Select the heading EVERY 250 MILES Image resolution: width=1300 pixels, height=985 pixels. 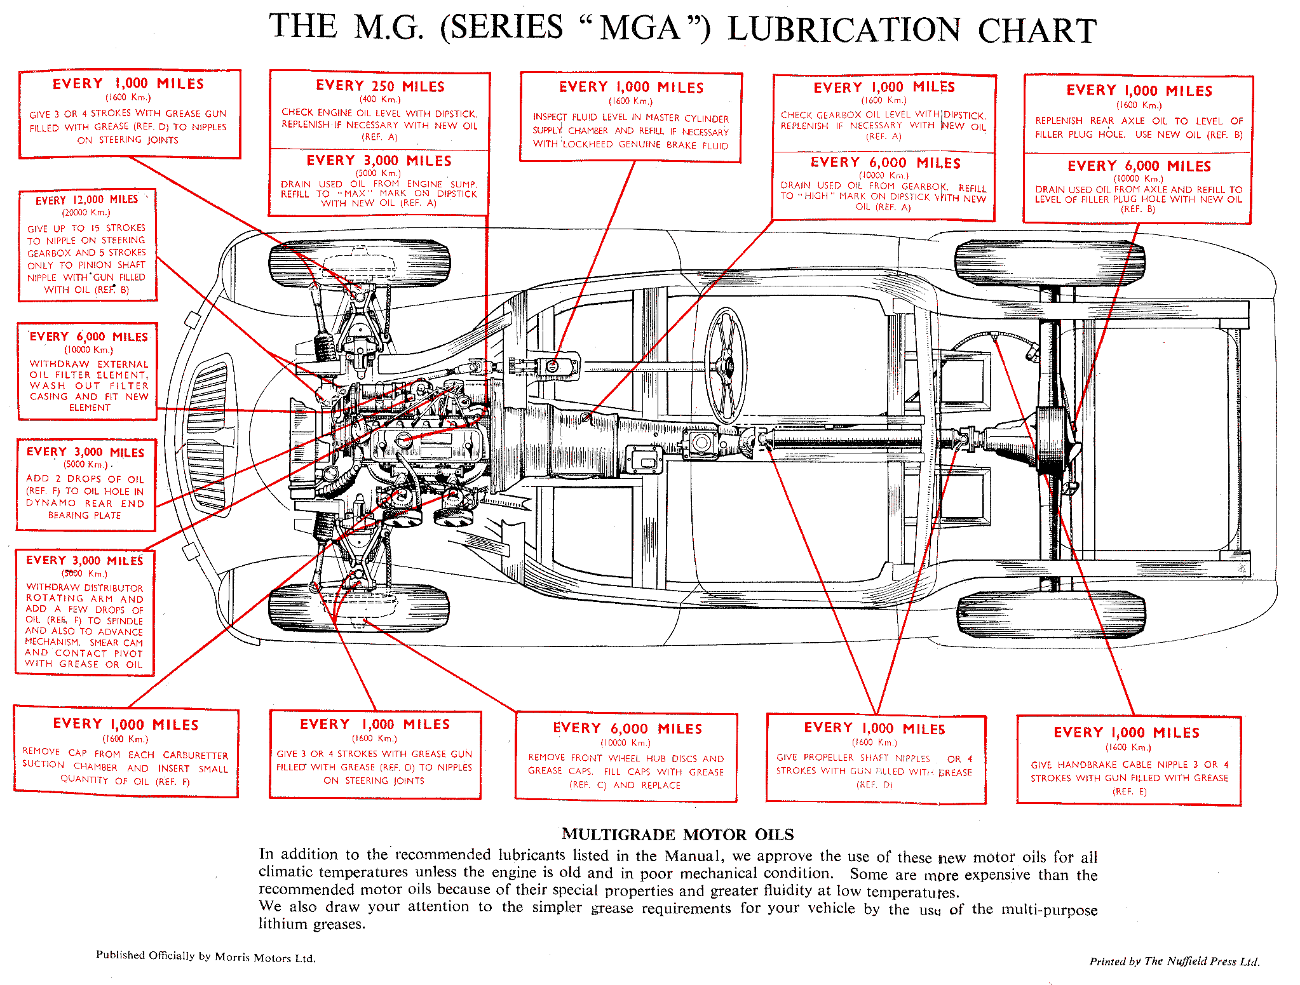[x=380, y=86]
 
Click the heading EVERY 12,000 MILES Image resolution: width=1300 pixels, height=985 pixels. [x=86, y=199]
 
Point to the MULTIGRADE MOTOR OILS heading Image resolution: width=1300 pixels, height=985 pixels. [x=677, y=834]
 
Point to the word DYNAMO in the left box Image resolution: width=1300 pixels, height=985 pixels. [x=51, y=503]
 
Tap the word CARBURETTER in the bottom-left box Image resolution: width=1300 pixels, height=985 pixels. [x=195, y=755]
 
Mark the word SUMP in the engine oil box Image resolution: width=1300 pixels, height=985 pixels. [x=463, y=184]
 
